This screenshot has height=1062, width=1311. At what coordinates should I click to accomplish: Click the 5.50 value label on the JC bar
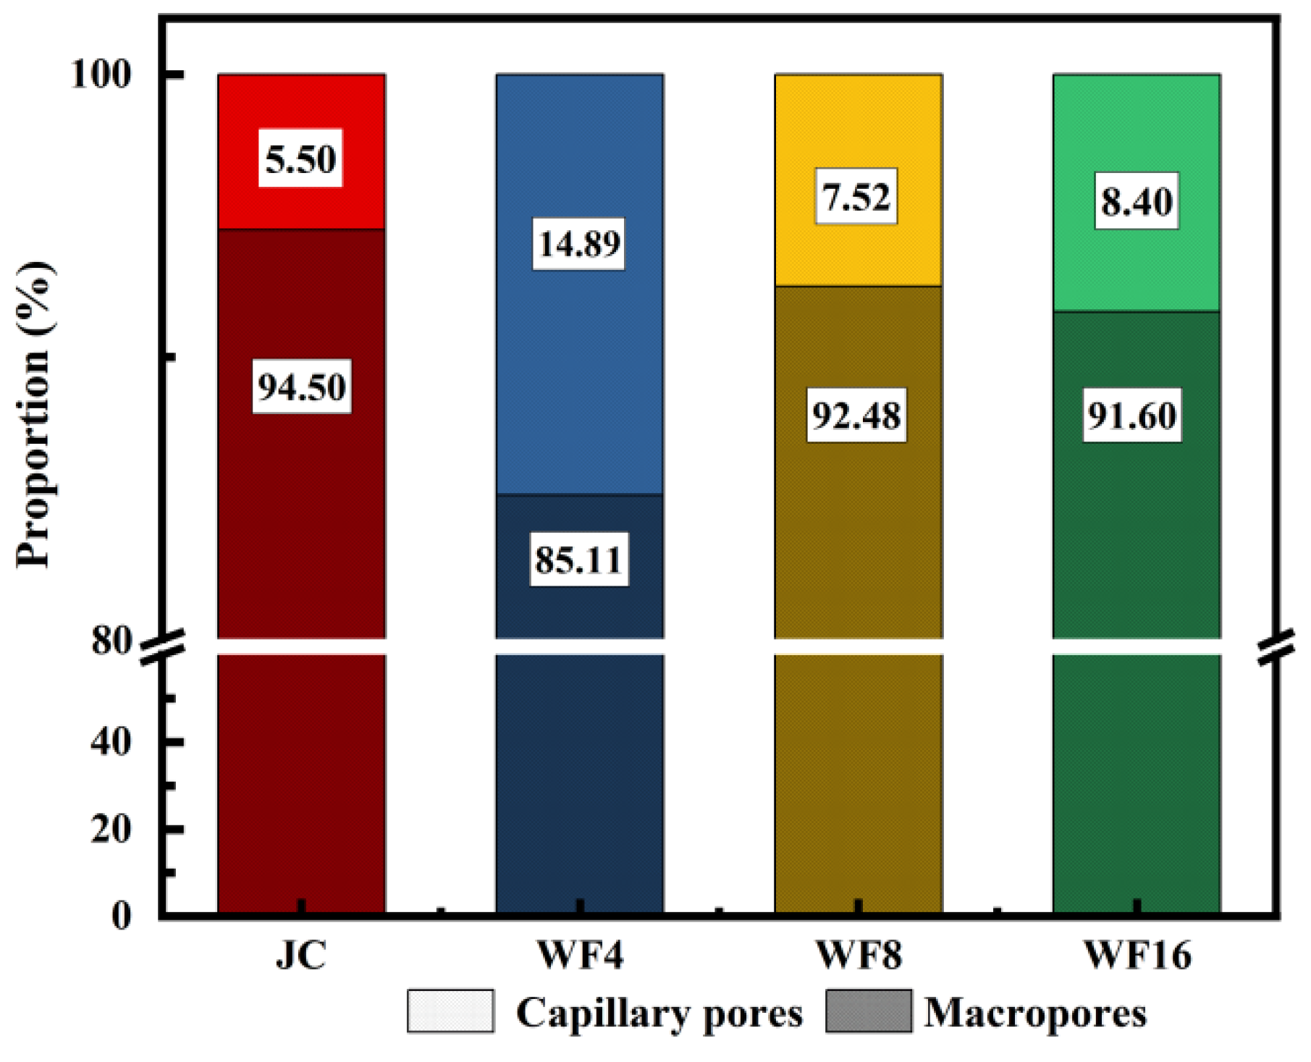coord(300,159)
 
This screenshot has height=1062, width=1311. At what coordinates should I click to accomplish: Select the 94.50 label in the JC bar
coord(302,387)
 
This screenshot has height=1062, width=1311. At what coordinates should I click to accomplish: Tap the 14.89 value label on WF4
coord(578,243)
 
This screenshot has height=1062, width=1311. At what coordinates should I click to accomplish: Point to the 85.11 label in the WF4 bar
coord(578,560)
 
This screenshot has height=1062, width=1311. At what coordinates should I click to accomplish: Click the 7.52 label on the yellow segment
coord(856,196)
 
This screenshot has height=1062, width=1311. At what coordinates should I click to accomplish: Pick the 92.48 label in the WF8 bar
coord(856,416)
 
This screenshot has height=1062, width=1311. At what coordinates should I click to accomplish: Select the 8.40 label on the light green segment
coord(1137,201)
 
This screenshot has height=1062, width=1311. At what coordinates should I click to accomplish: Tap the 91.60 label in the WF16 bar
coord(1133,416)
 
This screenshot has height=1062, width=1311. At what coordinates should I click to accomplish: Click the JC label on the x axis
coord(301,956)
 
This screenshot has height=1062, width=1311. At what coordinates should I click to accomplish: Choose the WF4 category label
coord(580,956)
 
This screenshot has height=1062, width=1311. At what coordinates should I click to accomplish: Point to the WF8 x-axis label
coord(859,956)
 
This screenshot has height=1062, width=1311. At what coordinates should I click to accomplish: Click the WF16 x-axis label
coord(1137,956)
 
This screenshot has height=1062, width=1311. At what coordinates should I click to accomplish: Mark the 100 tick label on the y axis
coord(101,75)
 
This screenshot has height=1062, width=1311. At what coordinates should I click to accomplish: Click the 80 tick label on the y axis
coord(111,641)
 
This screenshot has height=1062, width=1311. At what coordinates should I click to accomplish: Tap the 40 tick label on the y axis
coord(111,742)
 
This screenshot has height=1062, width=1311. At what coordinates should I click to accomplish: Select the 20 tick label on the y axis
coord(111,829)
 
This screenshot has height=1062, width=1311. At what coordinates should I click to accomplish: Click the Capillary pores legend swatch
coord(450,1011)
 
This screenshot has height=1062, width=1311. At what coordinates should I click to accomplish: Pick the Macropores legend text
coord(1035,1012)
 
